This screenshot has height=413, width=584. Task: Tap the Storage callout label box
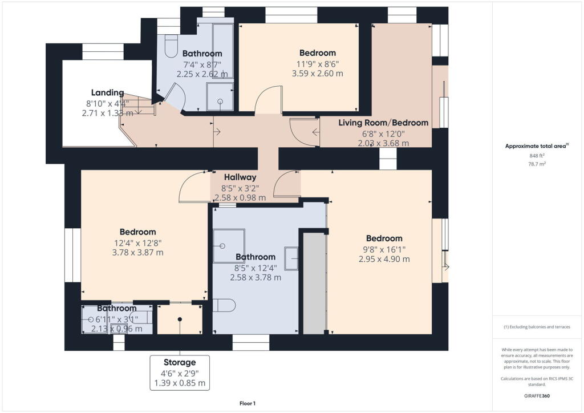click(x=180, y=373)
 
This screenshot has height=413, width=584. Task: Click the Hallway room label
click(x=240, y=177)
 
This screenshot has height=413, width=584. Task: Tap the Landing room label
click(x=107, y=92)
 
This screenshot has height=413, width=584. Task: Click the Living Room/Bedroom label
click(x=383, y=123)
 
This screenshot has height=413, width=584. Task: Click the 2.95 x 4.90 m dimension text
click(x=384, y=259)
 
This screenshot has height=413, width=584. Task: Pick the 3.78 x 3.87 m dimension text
click(x=137, y=252)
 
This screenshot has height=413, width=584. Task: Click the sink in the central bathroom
click(x=291, y=258)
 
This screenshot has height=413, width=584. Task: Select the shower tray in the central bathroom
click(x=229, y=246)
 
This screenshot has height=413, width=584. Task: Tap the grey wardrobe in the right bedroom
click(x=313, y=282)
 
